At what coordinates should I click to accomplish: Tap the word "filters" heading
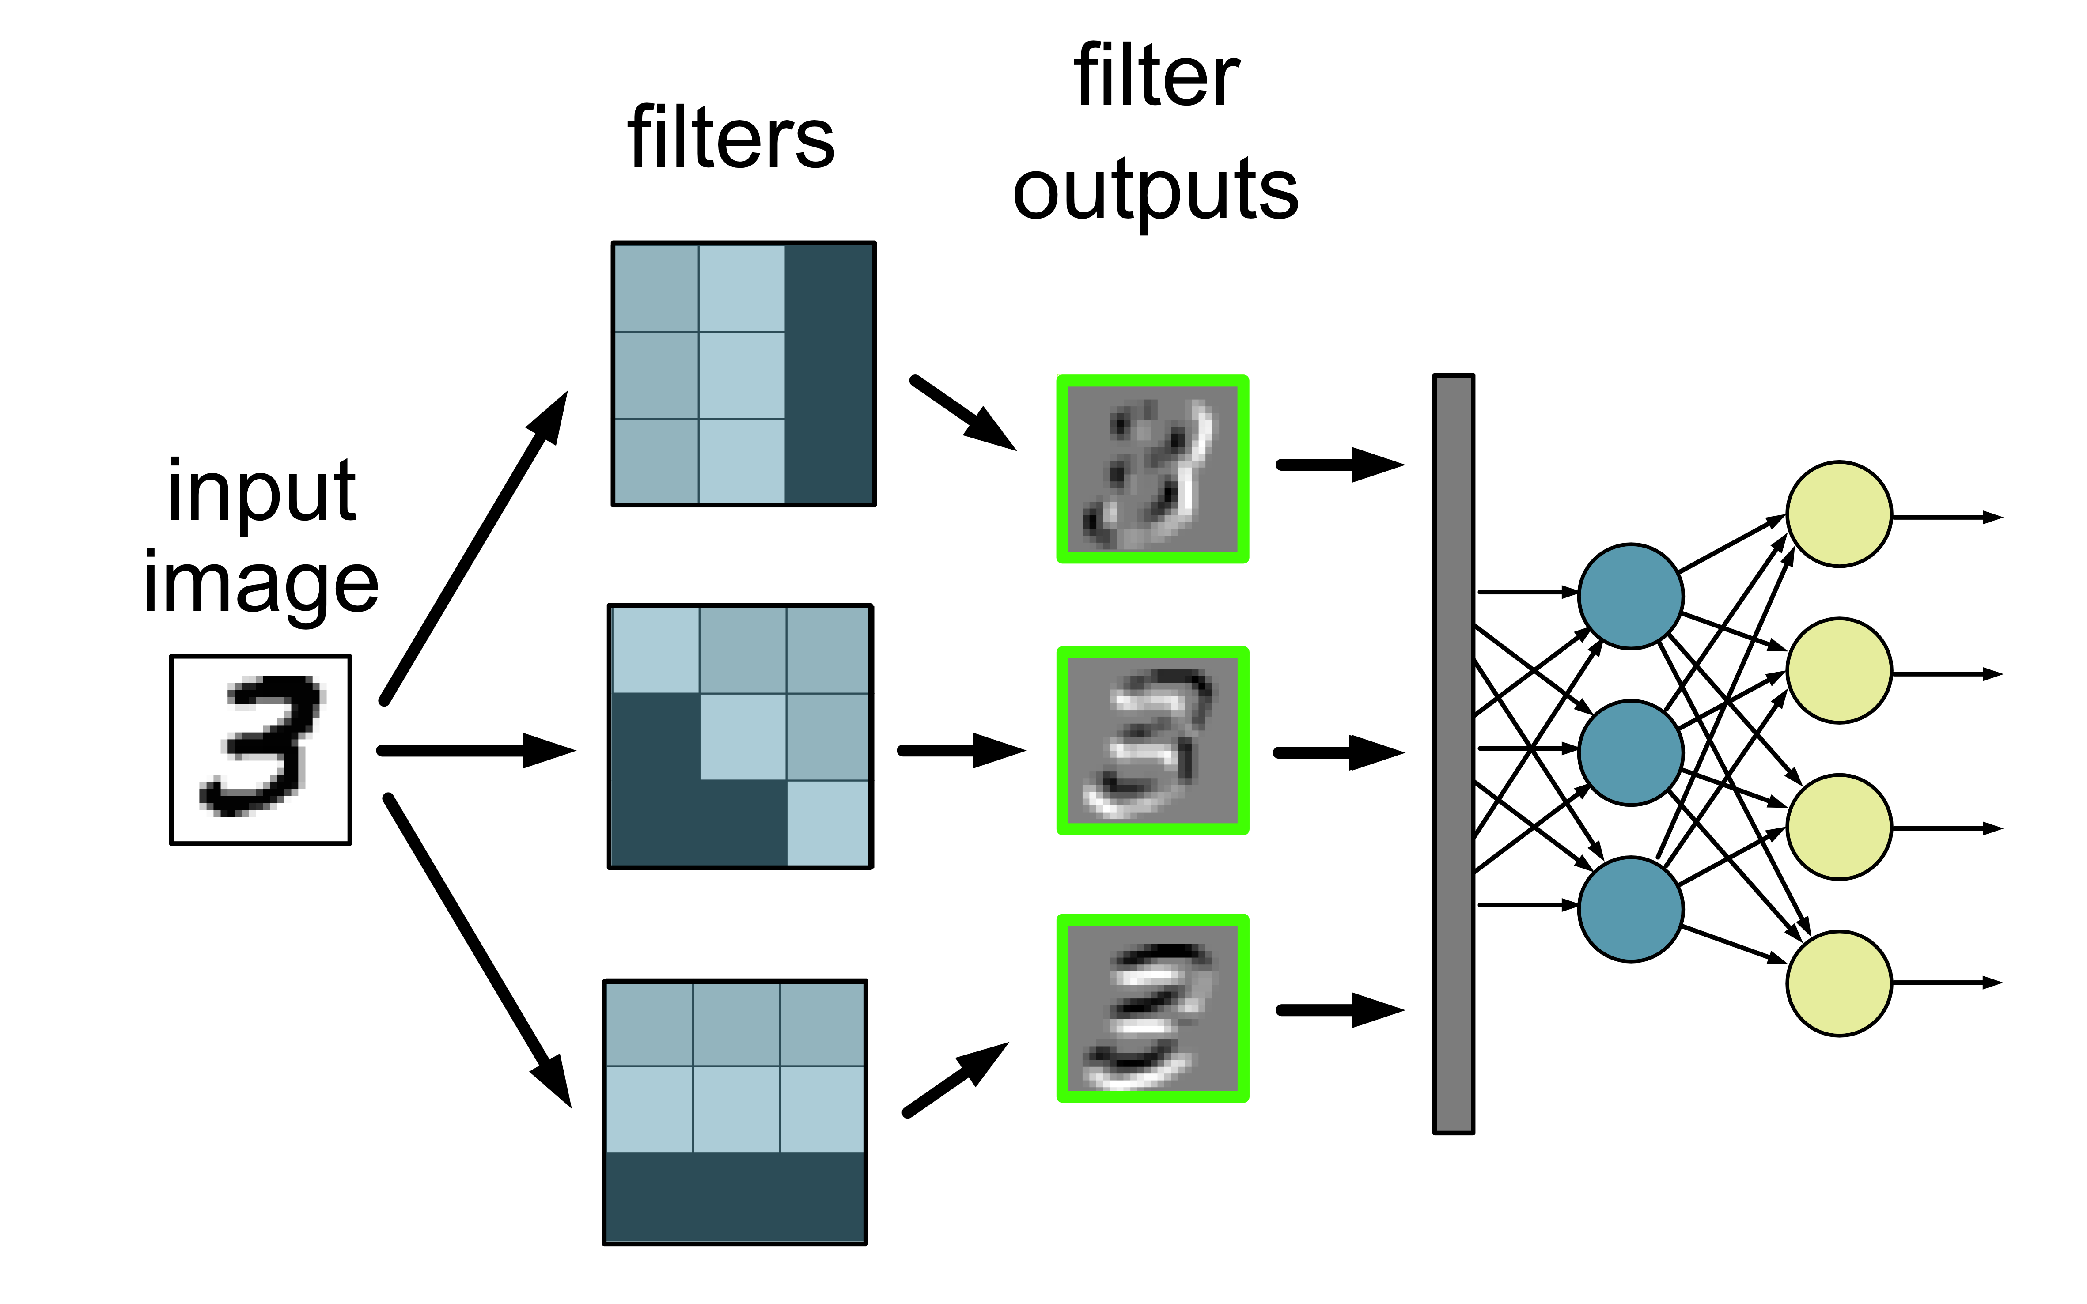pyautogui.click(x=731, y=138)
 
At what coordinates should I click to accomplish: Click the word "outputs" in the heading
pyautogui.click(x=1155, y=192)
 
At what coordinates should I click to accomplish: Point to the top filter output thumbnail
pyautogui.click(x=1153, y=469)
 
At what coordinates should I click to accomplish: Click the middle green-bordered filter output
pyautogui.click(x=1153, y=740)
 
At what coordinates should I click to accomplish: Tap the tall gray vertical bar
pyautogui.click(x=1454, y=753)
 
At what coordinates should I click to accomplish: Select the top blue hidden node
pyautogui.click(x=1630, y=595)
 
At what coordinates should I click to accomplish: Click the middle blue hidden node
pyautogui.click(x=1630, y=752)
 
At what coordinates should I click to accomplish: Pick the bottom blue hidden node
pyautogui.click(x=1630, y=908)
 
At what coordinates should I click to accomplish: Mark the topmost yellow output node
pyautogui.click(x=1839, y=514)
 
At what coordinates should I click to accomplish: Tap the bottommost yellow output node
pyautogui.click(x=1839, y=983)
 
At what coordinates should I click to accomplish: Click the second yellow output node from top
pyautogui.click(x=1839, y=670)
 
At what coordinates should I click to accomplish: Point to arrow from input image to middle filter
pyautogui.click(x=474, y=750)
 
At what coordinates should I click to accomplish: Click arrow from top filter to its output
pyautogui.click(x=962, y=412)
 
